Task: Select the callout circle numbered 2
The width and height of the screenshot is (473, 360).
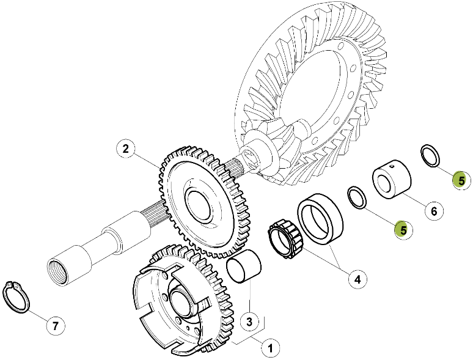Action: point(125,149)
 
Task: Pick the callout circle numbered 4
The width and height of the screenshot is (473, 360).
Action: point(358,279)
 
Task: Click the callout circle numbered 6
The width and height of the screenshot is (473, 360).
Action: point(433,211)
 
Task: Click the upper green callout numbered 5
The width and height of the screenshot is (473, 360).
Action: point(461,180)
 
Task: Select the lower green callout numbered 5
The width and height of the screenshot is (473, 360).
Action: point(402,229)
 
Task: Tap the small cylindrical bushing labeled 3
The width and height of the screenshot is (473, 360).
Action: point(244,270)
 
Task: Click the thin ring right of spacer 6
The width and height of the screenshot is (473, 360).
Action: point(430,155)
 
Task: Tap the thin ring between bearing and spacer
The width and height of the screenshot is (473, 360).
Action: point(356,197)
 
